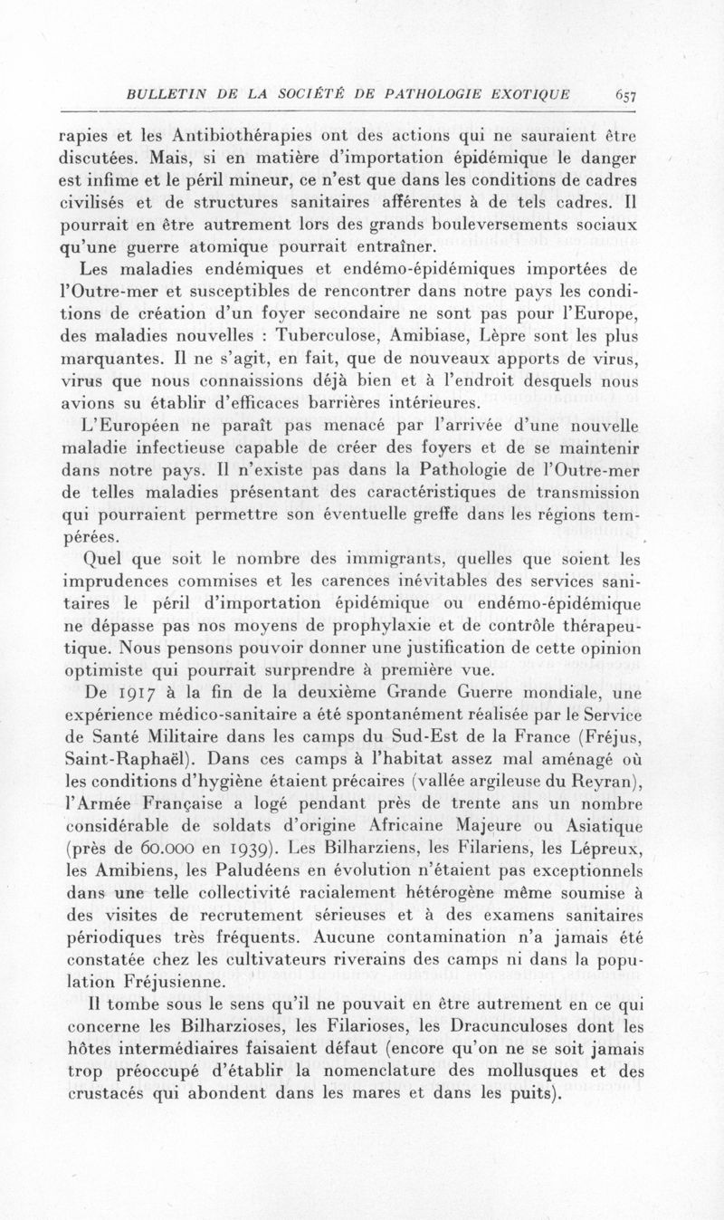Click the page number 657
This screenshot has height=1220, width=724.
[x=625, y=94]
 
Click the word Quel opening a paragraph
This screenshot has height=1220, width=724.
[x=101, y=559]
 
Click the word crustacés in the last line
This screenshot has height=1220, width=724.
[x=108, y=1093]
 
